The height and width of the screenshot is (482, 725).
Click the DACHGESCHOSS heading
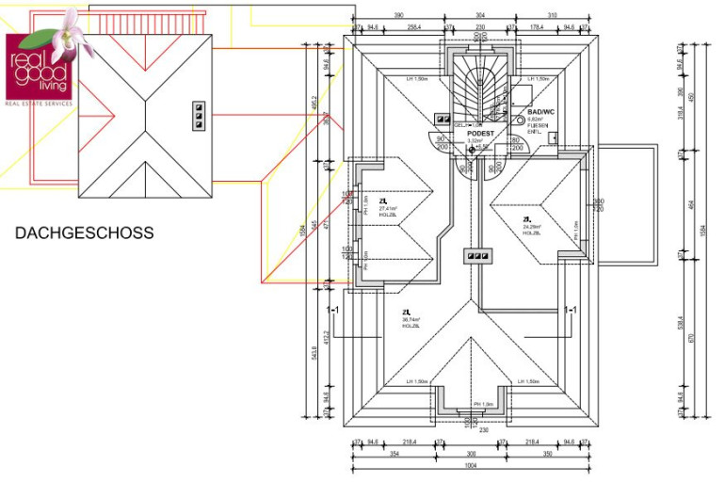[x=84, y=233]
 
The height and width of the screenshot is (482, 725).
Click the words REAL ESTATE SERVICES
[x=40, y=104]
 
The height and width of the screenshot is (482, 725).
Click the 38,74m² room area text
[x=411, y=319]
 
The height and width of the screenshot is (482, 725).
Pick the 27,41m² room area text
[x=388, y=208]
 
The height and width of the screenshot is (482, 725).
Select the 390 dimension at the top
[x=398, y=16]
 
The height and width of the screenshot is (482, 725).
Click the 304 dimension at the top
[x=480, y=16]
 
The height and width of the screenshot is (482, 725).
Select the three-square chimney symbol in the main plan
[x=476, y=255]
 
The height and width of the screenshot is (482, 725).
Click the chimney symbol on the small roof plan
[x=199, y=114]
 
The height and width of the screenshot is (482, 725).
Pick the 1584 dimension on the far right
[x=705, y=231]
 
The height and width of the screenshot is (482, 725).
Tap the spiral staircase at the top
[x=479, y=85]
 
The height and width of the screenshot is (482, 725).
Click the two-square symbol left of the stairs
[x=442, y=119]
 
